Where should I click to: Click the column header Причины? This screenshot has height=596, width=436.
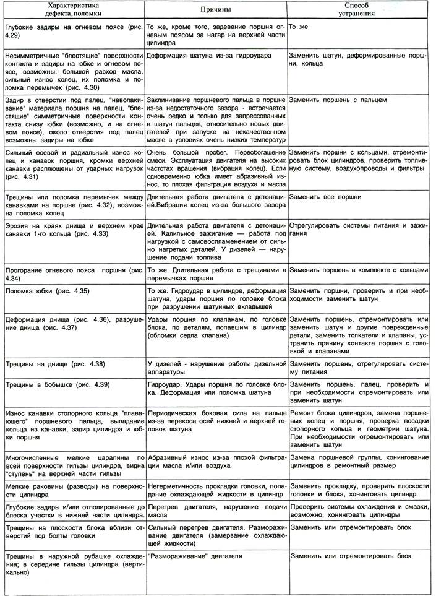(216, 11)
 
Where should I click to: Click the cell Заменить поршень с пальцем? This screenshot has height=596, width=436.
(338, 98)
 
